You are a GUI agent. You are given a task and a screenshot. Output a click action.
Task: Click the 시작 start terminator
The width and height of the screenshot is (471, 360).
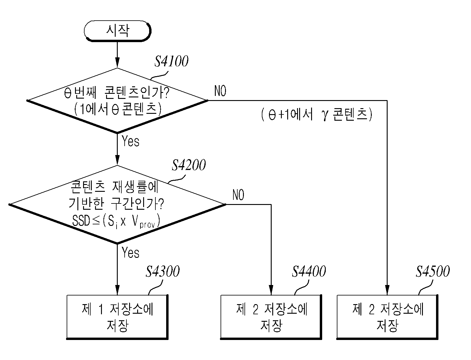pos(117,31)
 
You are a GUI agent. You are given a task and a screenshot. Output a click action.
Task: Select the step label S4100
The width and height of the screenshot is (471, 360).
pos(172,61)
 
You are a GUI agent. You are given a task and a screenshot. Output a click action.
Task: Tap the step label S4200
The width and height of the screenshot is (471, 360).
pos(189,165)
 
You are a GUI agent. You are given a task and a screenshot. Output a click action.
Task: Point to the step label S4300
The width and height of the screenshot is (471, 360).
pos(163,271)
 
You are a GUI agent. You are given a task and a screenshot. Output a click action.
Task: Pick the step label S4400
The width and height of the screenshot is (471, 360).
pos(309,271)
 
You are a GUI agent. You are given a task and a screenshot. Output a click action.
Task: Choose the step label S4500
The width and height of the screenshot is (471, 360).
pos(433,271)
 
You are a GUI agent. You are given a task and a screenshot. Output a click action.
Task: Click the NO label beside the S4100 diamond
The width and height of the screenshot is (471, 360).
pos(220,91)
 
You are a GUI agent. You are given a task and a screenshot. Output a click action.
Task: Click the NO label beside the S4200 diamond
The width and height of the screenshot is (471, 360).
pos(238,195)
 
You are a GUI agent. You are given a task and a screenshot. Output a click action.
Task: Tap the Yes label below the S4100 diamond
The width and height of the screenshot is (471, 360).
pos(131,141)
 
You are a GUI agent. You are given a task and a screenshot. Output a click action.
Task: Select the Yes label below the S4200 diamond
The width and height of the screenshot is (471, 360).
pos(131,252)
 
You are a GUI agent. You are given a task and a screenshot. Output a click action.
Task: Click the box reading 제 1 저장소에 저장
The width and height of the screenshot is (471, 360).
pos(117,317)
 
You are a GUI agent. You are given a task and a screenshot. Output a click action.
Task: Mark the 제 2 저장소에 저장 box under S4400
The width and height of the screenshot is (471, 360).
pos(271,317)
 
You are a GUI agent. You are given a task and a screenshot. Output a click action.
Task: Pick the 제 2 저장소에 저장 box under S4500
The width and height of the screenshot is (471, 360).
pos(387,317)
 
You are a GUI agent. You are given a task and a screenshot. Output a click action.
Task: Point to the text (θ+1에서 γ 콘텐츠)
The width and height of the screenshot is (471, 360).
pos(317,114)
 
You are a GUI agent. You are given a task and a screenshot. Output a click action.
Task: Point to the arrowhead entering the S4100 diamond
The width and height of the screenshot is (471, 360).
pos(117,63)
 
